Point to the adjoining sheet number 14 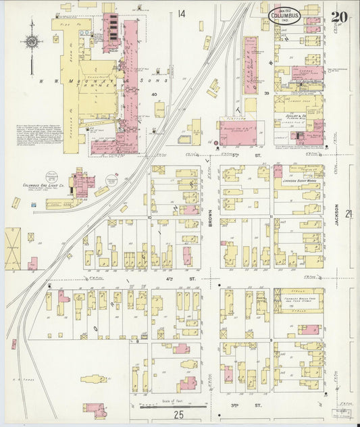tap(182, 14)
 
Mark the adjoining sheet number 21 tap(349, 214)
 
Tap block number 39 tap(267, 93)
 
